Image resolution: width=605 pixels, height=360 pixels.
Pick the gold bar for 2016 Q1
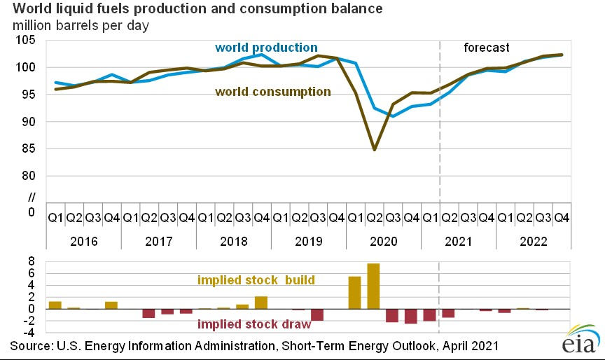coord(55,305)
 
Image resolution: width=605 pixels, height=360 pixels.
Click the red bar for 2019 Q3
coord(317,314)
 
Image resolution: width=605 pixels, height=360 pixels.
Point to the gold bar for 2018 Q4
coord(260,303)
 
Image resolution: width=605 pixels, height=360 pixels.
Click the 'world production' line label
coord(266,48)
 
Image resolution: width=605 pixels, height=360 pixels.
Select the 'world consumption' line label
coord(273,92)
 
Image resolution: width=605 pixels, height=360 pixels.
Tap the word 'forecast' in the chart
coord(487,48)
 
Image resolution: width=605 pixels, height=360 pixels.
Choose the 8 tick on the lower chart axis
coord(32,261)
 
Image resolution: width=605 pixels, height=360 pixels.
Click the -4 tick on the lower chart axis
coord(29,333)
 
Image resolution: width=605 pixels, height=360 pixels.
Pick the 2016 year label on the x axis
coord(83,242)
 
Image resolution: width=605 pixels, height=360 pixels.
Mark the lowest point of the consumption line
coord(375,149)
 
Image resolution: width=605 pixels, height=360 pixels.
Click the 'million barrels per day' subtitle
coord(83,26)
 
